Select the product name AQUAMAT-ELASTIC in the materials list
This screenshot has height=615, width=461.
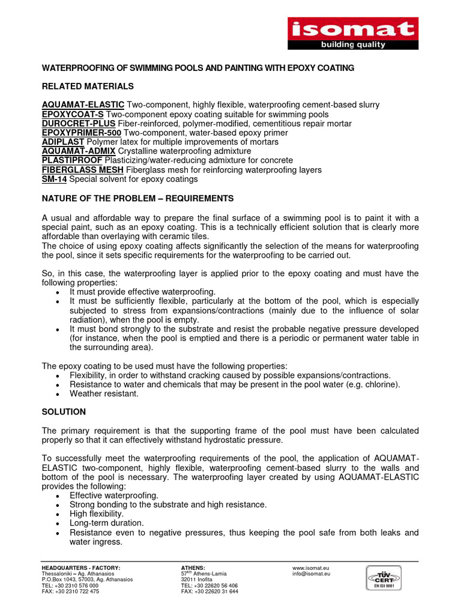point(83,105)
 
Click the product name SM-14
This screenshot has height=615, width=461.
point(54,179)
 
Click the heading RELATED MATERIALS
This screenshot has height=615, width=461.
point(88,86)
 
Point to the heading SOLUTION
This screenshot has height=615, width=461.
point(64,412)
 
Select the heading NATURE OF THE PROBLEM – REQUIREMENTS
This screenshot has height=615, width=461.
point(137,198)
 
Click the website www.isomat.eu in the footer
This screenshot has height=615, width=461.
point(311,568)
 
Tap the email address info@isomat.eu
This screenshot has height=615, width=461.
point(311,574)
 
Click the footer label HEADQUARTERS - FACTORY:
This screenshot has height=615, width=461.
point(80,568)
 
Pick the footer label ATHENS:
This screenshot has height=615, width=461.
point(193,568)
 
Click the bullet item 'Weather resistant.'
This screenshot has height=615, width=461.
point(104,394)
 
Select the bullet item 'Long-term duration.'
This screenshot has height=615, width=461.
point(107,523)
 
